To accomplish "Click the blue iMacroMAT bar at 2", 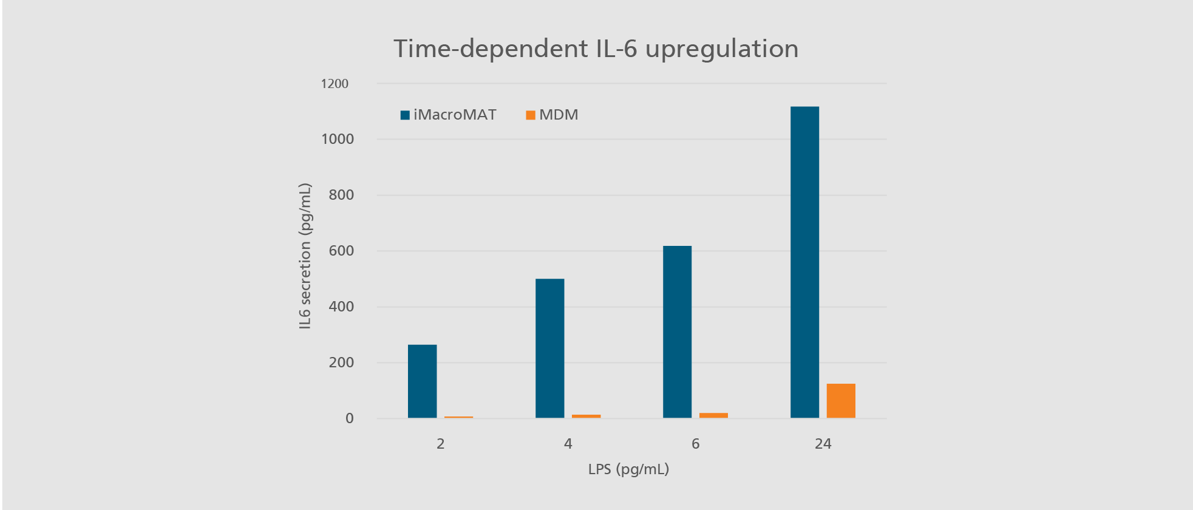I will pyautogui.click(x=422, y=381).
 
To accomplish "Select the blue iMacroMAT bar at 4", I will pyautogui.click(x=549, y=348).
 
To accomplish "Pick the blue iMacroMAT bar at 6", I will pyautogui.click(x=677, y=331).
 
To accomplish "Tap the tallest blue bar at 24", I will pyautogui.click(x=804, y=262).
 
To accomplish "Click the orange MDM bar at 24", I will pyautogui.click(x=841, y=401).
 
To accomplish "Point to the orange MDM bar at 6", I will pyautogui.click(x=713, y=415).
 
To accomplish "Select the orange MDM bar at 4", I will pyautogui.click(x=586, y=416).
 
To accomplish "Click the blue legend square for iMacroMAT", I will pyautogui.click(x=405, y=115).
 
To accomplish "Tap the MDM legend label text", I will pyautogui.click(x=559, y=115).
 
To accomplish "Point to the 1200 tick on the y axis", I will pyautogui.click(x=335, y=84).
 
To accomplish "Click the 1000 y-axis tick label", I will pyautogui.click(x=338, y=139).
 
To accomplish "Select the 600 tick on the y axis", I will pyautogui.click(x=341, y=251).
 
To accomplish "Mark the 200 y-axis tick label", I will pyautogui.click(x=341, y=362).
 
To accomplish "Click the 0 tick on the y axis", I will pyautogui.click(x=349, y=418).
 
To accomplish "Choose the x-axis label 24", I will pyautogui.click(x=823, y=444).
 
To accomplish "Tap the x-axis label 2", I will pyautogui.click(x=440, y=444).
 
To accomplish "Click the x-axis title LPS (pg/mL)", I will pyautogui.click(x=628, y=469).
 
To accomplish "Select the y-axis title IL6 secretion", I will pyautogui.click(x=305, y=256).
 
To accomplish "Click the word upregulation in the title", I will pyautogui.click(x=721, y=49).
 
